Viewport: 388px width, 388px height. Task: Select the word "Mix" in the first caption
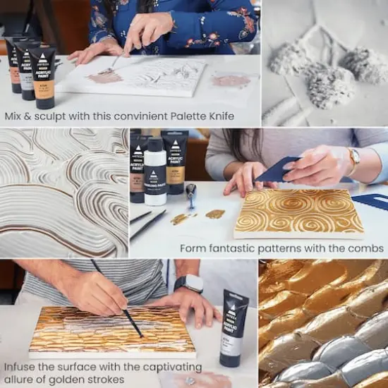click(x=13, y=116)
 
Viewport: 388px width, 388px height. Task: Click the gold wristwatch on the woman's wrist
click(x=353, y=161)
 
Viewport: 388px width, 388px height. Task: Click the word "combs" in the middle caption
click(x=370, y=248)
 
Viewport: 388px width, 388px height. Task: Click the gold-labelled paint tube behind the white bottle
click(x=175, y=166)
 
